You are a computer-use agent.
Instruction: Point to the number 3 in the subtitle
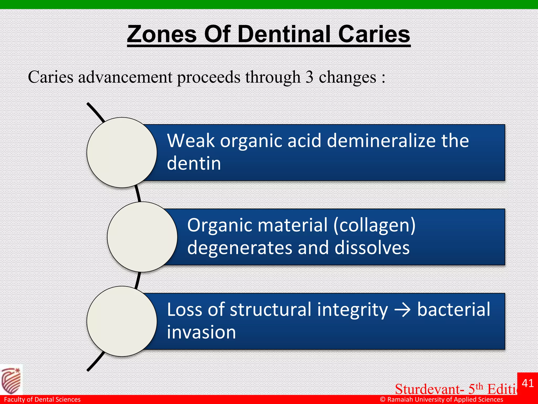(309, 77)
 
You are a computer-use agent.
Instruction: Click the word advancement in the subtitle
(125, 77)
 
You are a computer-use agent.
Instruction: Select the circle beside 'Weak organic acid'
(122, 153)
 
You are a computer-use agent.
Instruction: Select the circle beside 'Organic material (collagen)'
(142, 237)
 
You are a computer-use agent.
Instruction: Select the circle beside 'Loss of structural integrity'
(122, 321)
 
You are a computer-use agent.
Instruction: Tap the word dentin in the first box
(194, 164)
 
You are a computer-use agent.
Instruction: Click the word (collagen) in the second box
(374, 225)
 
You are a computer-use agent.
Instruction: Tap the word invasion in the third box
(201, 332)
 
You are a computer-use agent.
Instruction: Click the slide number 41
(528, 383)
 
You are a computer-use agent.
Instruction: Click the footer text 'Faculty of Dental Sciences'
(42, 400)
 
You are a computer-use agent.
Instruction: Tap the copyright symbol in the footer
(383, 400)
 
